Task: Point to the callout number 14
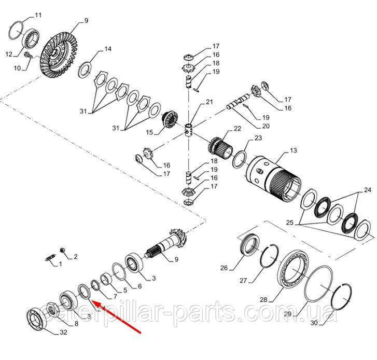(x=108, y=49)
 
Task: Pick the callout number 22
(x=238, y=129)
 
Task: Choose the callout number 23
(x=259, y=139)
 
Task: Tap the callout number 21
(x=209, y=102)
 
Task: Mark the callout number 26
(x=224, y=268)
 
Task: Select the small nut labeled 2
(x=63, y=251)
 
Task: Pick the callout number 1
(x=59, y=264)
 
